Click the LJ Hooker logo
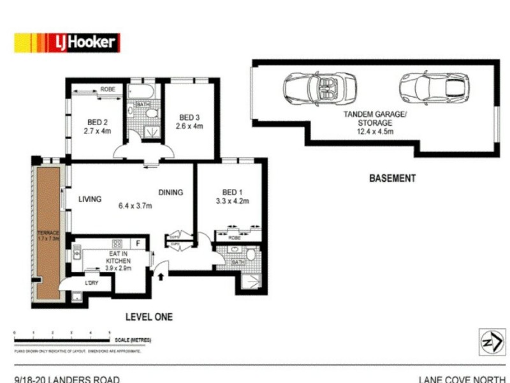(67, 43)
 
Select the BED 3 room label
(189, 117)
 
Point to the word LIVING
(90, 199)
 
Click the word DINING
(171, 192)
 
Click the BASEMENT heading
(392, 179)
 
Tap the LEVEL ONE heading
(149, 317)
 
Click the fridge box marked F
(138, 243)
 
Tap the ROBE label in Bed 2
(108, 90)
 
